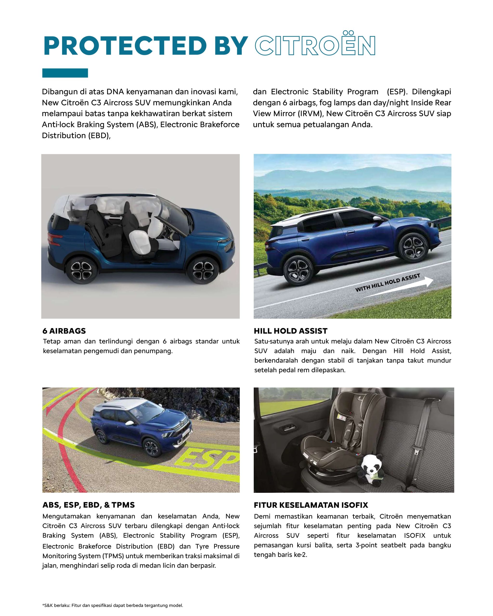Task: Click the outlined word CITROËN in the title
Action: pyautogui.click(x=315, y=45)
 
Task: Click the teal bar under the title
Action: pyautogui.click(x=65, y=73)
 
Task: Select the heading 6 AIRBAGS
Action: pyautogui.click(x=64, y=331)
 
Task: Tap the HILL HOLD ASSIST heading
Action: pyautogui.click(x=290, y=331)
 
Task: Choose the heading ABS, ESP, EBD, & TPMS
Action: pyautogui.click(x=89, y=505)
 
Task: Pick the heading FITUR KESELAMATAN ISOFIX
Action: pyautogui.click(x=311, y=505)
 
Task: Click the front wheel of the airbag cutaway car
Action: pyautogui.click(x=203, y=269)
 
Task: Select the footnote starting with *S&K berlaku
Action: pyautogui.click(x=113, y=605)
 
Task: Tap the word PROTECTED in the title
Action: pyautogui.click(x=125, y=46)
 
